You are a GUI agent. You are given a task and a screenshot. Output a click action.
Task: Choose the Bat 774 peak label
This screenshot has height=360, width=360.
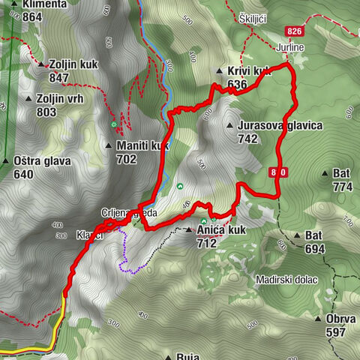pyautogui.click(x=341, y=179)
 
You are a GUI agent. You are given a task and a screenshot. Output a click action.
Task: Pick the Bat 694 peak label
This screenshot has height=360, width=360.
pyautogui.click(x=314, y=241)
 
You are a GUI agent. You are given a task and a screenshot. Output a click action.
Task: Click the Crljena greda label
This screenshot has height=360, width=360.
pyautogui.click(x=129, y=213)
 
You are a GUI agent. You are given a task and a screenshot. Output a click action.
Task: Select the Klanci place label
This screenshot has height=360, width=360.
pyautogui.click(x=88, y=235)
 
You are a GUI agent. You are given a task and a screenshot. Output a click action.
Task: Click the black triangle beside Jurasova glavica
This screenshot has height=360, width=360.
pyautogui.click(x=229, y=125)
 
